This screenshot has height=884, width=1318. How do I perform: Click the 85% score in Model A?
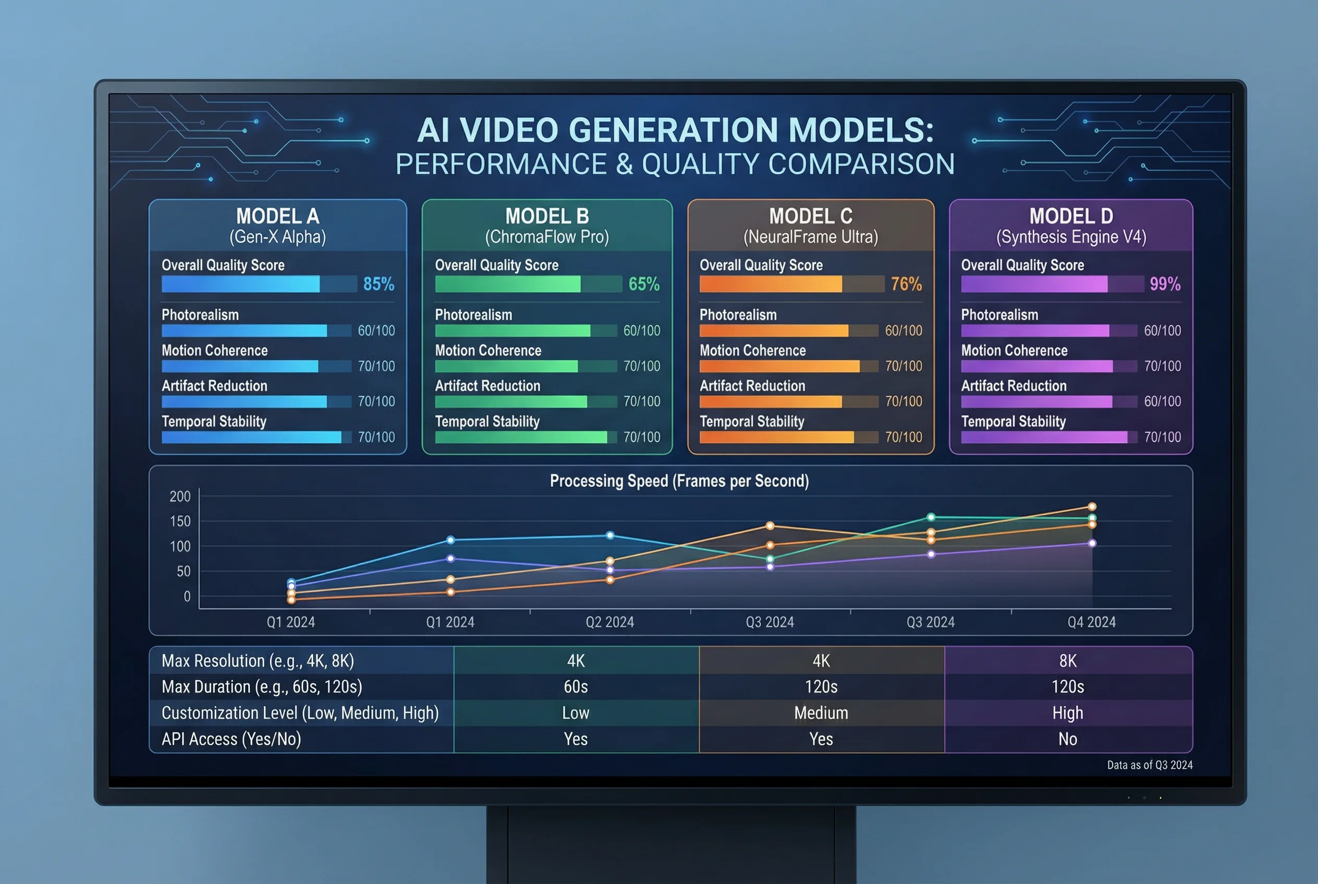coord(379,284)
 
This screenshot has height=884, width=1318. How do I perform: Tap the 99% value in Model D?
coord(1165,284)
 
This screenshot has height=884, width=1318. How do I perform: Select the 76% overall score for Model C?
coord(906,284)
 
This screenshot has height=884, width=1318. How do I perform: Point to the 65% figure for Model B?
coord(643,284)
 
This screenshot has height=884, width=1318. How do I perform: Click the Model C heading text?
coord(810,216)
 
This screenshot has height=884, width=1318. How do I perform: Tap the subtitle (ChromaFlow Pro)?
coord(546,237)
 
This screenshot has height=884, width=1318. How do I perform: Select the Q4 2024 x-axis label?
coord(1091,622)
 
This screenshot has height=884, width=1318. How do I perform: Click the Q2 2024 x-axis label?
coord(609,622)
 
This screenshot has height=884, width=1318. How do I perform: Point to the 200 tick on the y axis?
coord(180,496)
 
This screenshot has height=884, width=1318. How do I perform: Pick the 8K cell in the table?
coord(1068,661)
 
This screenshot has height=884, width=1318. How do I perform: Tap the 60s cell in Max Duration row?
coord(575,686)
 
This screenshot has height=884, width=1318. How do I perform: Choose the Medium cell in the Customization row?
coord(821,713)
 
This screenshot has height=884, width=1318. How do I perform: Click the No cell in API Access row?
coord(1068,739)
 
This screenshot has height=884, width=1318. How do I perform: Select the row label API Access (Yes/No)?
coord(231,739)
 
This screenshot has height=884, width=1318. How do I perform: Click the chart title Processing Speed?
coord(679,481)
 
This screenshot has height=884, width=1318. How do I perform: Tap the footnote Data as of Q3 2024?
coord(1150,765)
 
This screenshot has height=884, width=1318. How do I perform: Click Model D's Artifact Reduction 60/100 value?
coord(1162,401)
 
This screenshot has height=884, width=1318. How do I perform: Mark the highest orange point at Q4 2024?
coord(1091,506)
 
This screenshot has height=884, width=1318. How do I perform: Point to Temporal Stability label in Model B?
coord(487,421)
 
